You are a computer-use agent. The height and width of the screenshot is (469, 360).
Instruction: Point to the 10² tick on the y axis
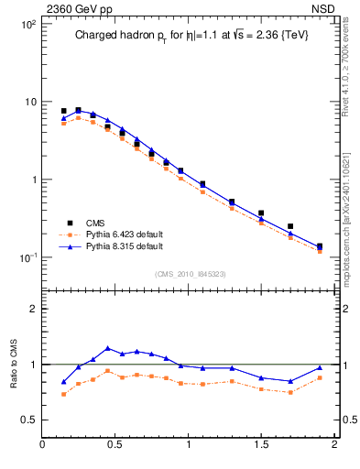[x=27, y=24]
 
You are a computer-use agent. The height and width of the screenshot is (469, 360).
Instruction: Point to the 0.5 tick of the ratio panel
[x=27, y=420]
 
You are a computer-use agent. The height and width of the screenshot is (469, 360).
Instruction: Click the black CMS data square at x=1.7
[x=290, y=226]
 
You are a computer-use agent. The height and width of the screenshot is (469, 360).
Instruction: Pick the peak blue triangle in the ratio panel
[x=108, y=348]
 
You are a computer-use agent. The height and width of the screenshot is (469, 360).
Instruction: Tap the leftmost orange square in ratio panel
[x=64, y=394]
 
